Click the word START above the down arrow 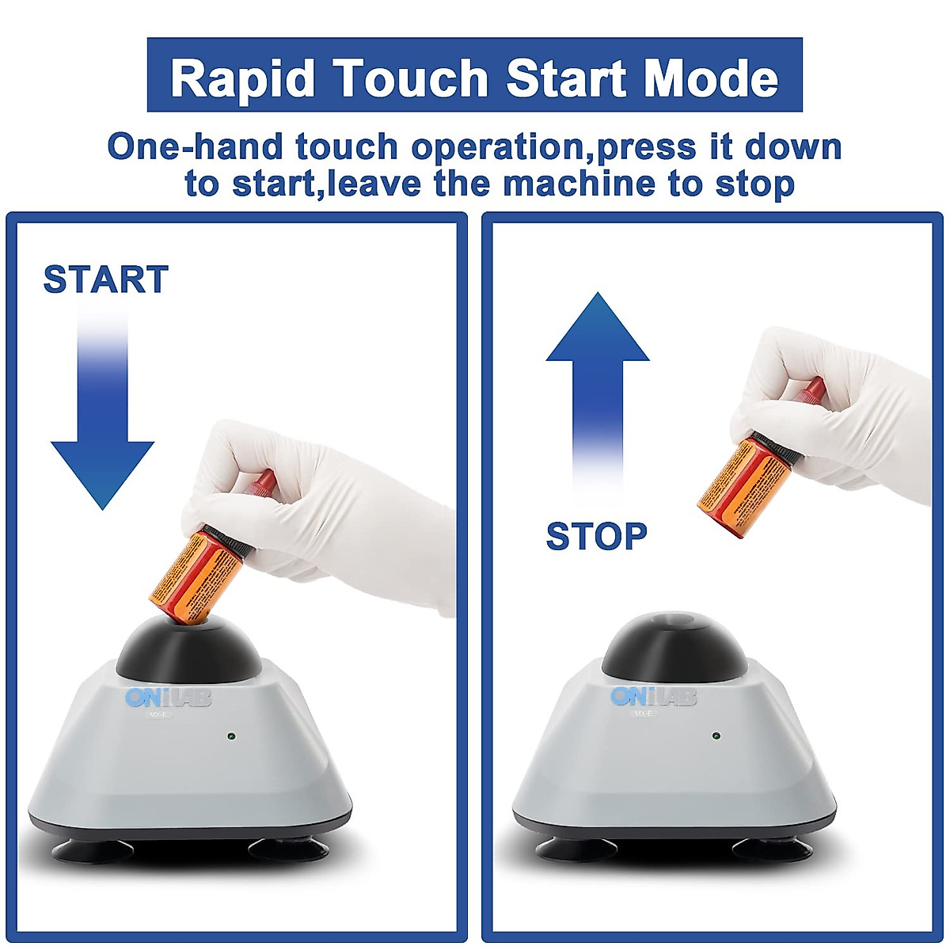click(x=105, y=279)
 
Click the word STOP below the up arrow click(x=597, y=537)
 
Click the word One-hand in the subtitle click(x=196, y=147)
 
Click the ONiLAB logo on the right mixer click(x=654, y=697)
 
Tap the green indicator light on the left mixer click(x=230, y=736)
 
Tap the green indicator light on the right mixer click(x=716, y=735)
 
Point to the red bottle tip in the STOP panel click(x=812, y=389)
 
